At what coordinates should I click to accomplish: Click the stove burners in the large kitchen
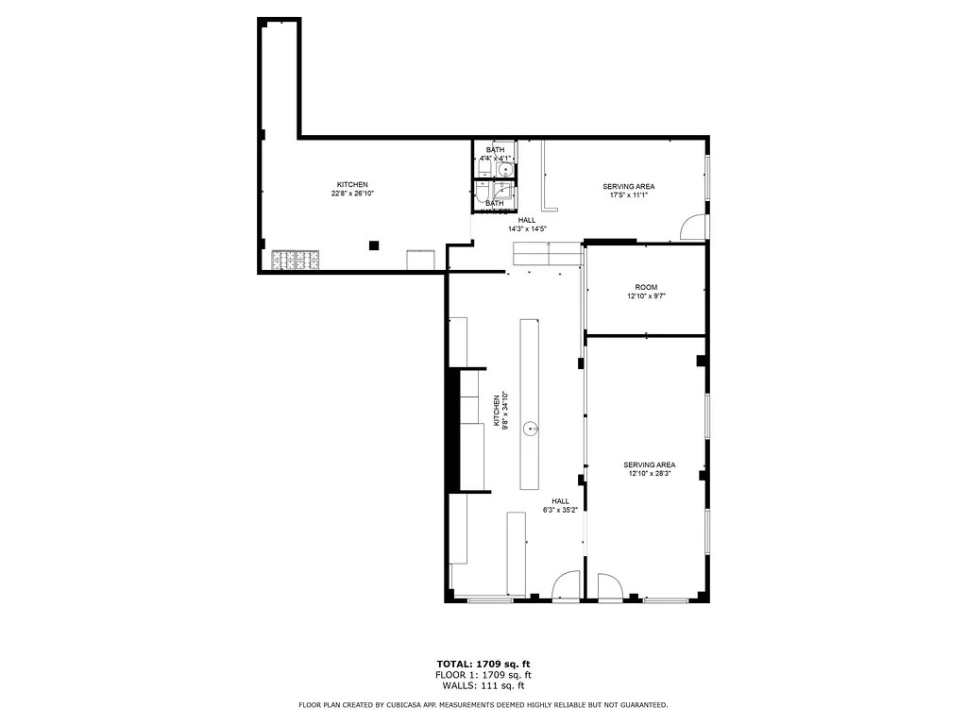(x=297, y=261)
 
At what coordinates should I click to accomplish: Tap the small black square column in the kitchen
(x=375, y=245)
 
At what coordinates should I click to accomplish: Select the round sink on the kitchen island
(x=533, y=429)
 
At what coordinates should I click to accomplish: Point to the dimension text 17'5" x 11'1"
(x=628, y=195)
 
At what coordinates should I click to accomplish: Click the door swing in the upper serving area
(x=694, y=228)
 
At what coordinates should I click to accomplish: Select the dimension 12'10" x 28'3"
(x=649, y=474)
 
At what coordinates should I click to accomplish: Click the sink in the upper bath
(x=506, y=171)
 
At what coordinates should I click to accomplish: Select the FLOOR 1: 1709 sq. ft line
(x=483, y=675)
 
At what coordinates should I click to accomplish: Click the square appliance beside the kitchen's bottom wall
(x=420, y=260)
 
